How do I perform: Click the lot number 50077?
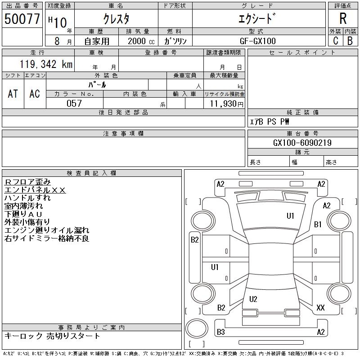[22, 19]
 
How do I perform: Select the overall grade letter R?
[343, 18]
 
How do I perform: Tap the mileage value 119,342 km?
[46, 64]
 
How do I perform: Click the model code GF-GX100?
[257, 41]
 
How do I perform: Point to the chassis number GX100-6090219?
[302, 143]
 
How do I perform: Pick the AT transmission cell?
[13, 94]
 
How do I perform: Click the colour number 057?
[74, 103]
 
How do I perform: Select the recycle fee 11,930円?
[226, 104]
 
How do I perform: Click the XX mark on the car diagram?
[320, 308]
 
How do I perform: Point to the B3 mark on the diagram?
[221, 332]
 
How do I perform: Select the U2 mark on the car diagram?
[253, 299]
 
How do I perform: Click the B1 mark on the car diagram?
[318, 224]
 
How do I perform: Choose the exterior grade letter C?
[336, 40]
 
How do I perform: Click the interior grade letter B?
[350, 40]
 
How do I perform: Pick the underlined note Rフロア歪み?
[27, 182]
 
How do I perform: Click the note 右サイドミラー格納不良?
[47, 238]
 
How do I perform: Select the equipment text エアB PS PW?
[270, 121]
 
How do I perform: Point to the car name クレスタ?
[116, 18]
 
